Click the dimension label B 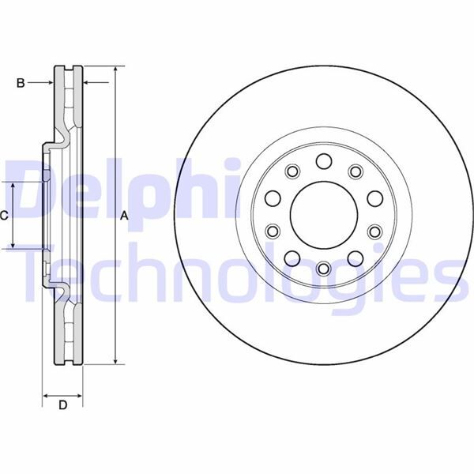click(21, 81)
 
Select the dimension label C click(5, 215)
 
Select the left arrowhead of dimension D click(46, 393)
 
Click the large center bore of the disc click(322, 215)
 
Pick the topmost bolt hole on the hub click(322, 162)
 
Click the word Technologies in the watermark click(237, 276)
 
